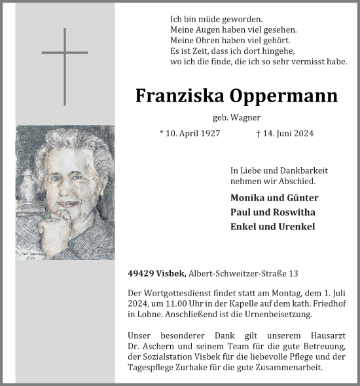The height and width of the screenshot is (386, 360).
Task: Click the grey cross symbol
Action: tap(64, 66)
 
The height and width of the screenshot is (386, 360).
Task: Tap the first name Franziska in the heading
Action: tap(179, 96)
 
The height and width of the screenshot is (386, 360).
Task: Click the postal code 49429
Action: tap(141, 273)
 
